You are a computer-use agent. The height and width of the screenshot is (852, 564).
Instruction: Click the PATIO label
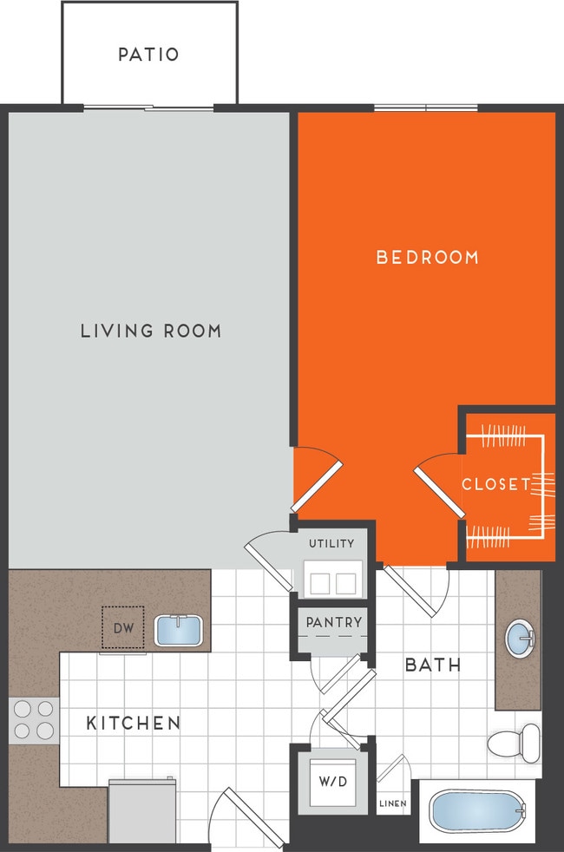pos(148,55)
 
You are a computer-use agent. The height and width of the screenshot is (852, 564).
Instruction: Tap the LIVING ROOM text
pos(151,331)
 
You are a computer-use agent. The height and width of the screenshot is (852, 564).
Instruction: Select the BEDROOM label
pos(427,258)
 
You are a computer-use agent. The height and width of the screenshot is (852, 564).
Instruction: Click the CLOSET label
pos(495,484)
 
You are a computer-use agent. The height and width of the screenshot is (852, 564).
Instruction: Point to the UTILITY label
pos(331,544)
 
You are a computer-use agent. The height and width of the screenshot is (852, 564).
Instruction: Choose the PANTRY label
pos(333,622)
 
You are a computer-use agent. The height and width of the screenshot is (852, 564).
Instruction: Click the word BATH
pos(433,665)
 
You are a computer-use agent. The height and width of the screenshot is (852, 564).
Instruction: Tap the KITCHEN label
pos(133,723)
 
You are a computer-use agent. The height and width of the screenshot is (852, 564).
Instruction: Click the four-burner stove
pos(34,719)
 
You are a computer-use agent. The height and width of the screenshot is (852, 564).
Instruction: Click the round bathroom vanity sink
pos(520,639)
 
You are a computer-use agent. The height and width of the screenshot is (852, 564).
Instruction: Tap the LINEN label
pos(392,804)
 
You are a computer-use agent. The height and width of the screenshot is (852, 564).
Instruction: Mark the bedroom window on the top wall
pos(425,108)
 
